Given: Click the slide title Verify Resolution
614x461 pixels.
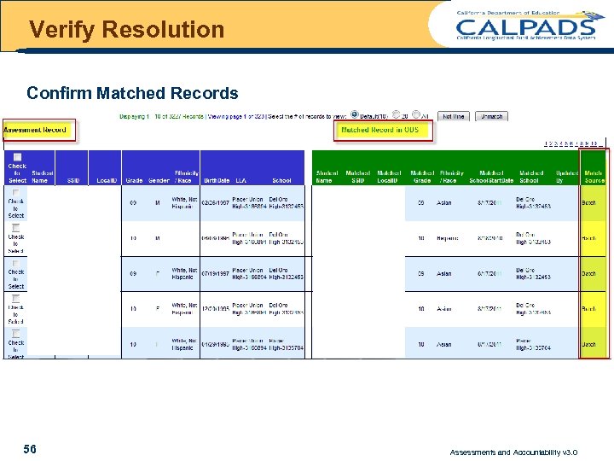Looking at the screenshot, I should point(126,30).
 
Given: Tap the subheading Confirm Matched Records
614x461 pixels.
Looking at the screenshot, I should point(132,92).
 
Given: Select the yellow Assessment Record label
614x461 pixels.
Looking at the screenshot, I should point(36,130).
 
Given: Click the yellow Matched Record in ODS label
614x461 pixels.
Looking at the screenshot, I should point(380,130).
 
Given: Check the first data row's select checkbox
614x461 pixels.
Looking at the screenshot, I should point(16,192).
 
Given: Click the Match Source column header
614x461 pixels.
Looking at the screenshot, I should point(594,176).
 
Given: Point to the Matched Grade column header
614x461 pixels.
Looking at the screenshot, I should point(421,176).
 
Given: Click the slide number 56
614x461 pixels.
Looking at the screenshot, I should point(30,449).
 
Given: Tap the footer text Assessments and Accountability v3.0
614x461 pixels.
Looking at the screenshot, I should point(513,452).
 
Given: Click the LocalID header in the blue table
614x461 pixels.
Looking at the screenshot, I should point(107,180).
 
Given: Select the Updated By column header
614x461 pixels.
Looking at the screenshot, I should point(565,176).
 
